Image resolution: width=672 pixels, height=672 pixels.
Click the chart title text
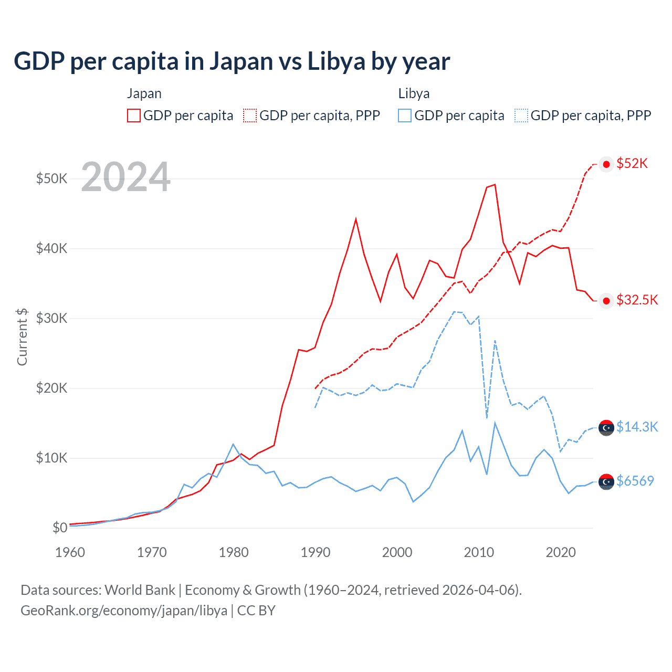click(232, 61)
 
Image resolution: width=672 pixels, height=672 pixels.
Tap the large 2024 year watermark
click(126, 177)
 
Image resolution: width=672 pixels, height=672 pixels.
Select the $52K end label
click(632, 163)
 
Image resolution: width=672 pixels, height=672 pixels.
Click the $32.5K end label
click(637, 300)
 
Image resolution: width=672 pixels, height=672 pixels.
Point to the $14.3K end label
click(637, 427)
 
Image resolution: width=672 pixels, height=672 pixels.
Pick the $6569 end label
click(635, 481)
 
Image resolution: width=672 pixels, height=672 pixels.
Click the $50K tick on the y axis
click(52, 178)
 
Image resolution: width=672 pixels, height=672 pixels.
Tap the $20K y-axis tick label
click(52, 388)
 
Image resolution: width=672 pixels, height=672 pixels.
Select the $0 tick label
click(60, 528)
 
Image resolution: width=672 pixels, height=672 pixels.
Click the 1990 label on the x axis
click(316, 552)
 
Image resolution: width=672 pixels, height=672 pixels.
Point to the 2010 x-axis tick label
click(479, 552)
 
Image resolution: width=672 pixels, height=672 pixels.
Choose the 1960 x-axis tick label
click(70, 552)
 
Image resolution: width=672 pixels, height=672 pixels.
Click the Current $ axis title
click(22, 337)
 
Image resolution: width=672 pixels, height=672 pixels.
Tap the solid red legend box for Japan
click(134, 115)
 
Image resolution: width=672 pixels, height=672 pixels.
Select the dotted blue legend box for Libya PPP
click(521, 115)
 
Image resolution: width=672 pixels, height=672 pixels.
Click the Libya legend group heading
click(414, 93)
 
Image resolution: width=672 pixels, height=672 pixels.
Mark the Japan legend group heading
click(144, 93)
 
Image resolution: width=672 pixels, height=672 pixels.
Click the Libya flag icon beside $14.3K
click(606, 428)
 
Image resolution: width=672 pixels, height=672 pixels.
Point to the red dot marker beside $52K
click(606, 164)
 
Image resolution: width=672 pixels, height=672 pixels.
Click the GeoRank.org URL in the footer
click(124, 611)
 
